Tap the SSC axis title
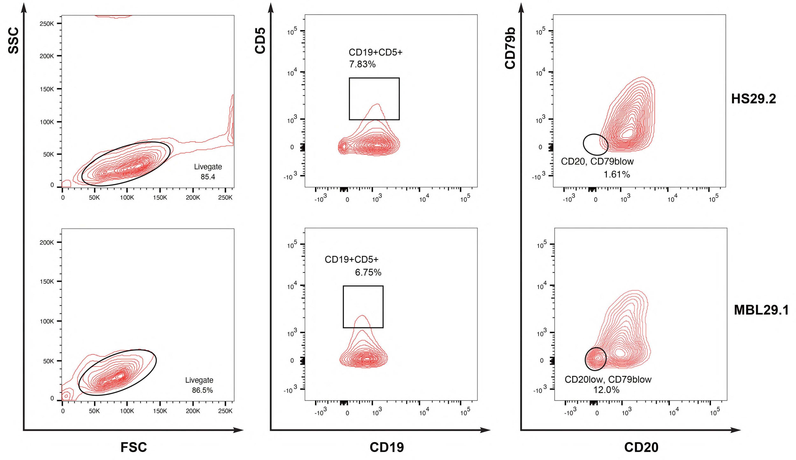(x=13, y=40)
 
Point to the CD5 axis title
(x=260, y=40)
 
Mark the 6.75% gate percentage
(x=368, y=272)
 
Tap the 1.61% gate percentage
(x=617, y=174)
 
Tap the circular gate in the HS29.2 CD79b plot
(x=595, y=145)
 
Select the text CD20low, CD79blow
(x=608, y=380)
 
